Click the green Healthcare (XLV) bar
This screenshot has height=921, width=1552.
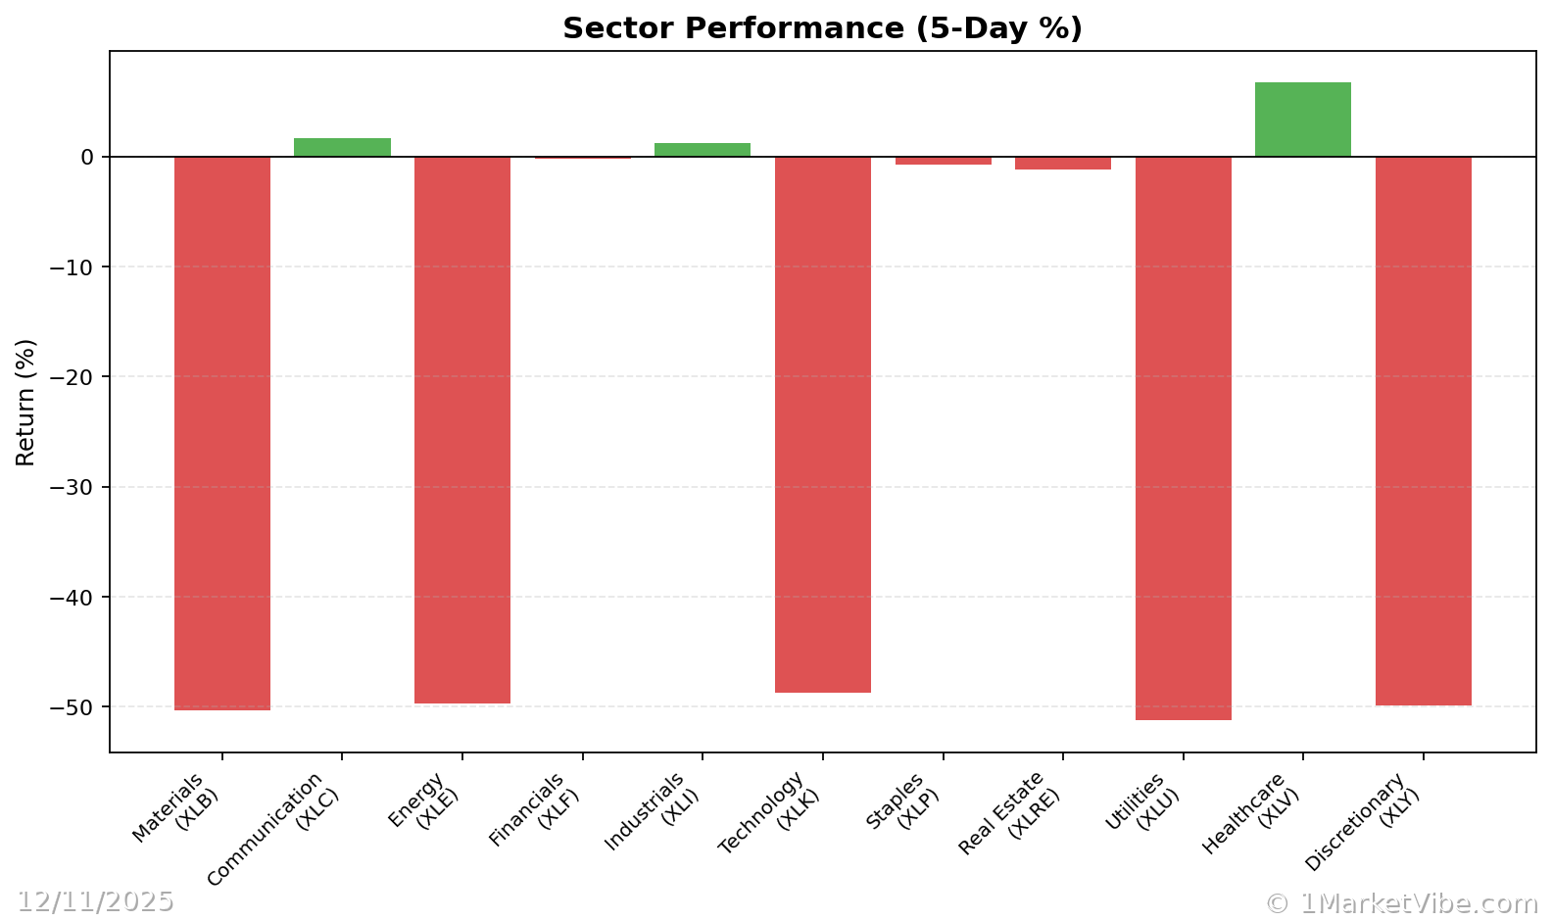(1302, 120)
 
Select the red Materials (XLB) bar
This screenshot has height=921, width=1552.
(222, 433)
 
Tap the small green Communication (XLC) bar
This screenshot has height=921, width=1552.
(342, 148)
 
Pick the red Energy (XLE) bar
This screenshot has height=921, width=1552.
(462, 429)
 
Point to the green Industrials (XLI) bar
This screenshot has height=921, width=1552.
(703, 150)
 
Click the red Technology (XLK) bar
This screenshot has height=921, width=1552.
(823, 424)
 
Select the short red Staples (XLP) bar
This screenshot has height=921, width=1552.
(943, 161)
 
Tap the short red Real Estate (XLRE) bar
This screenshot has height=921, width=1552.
(1063, 163)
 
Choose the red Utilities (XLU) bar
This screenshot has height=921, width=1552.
(1183, 438)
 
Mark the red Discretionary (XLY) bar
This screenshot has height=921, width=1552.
(1423, 431)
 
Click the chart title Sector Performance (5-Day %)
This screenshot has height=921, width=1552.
(822, 28)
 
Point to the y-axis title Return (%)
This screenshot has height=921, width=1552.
(25, 402)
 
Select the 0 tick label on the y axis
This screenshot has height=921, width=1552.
(87, 157)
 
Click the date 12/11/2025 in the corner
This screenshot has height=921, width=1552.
(95, 901)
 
